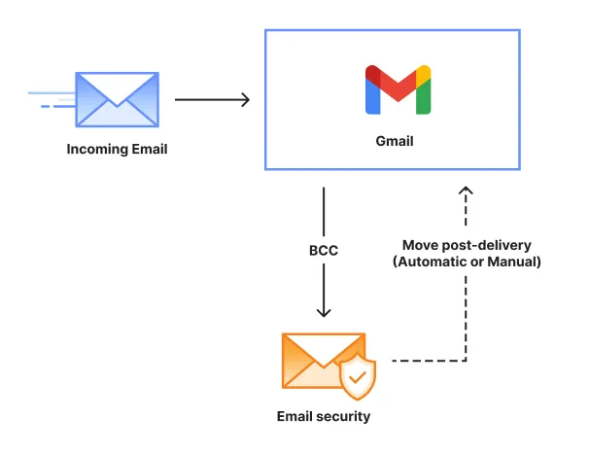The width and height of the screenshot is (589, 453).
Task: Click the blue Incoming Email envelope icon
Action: point(118,98)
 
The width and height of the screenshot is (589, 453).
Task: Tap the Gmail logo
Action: point(397,89)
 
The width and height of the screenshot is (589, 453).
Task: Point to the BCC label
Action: point(324,251)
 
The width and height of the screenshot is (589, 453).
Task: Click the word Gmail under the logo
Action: point(395,141)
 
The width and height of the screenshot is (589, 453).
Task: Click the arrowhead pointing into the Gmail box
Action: point(244,99)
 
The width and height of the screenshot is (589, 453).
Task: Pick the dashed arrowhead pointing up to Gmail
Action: point(467,192)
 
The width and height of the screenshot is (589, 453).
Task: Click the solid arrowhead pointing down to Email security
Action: point(324,311)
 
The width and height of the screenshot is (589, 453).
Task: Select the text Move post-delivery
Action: point(467,245)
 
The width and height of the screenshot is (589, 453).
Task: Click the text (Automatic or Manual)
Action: point(467,261)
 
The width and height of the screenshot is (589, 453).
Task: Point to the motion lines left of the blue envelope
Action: point(51,99)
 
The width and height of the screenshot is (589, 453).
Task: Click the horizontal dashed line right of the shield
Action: point(428,361)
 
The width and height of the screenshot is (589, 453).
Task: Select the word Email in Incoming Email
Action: point(149,150)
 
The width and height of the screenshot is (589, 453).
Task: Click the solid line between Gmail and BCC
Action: point(324,209)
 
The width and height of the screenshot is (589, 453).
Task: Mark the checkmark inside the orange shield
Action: point(358,375)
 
